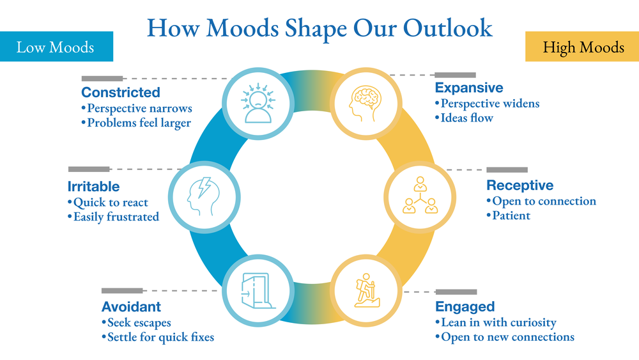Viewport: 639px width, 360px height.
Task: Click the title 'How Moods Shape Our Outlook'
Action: coord(319,28)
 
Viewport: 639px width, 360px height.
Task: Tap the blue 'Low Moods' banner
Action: coord(56,47)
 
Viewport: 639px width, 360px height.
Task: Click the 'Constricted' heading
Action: coord(121,93)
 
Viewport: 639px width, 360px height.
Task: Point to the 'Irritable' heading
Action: coord(93,187)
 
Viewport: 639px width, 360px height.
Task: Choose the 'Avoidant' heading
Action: coord(131,307)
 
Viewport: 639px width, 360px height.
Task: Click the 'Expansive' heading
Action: coord(469,88)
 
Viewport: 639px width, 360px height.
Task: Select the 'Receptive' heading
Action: coord(520,185)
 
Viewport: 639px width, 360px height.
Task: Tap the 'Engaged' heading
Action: coord(465,307)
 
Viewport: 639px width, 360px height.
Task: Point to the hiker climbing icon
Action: coord(364,291)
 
